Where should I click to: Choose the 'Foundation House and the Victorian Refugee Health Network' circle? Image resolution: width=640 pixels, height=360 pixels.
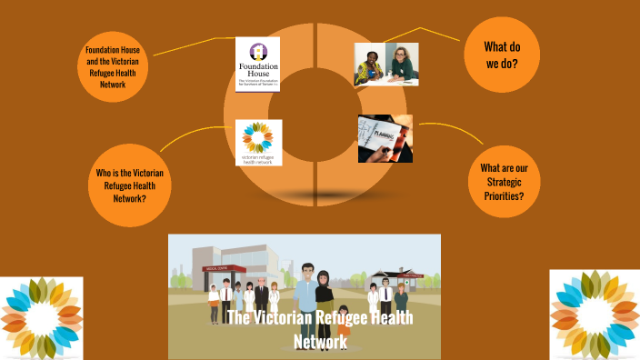pos(115,65)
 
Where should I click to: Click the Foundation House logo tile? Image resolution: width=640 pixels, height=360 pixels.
pos(257,64)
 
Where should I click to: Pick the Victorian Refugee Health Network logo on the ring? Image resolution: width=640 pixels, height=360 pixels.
pos(258,143)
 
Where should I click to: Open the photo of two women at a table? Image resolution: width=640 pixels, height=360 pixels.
pos(386,65)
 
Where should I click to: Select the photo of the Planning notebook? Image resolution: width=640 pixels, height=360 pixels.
pos(385,138)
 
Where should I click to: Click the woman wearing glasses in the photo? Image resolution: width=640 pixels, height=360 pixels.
pos(400,60)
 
